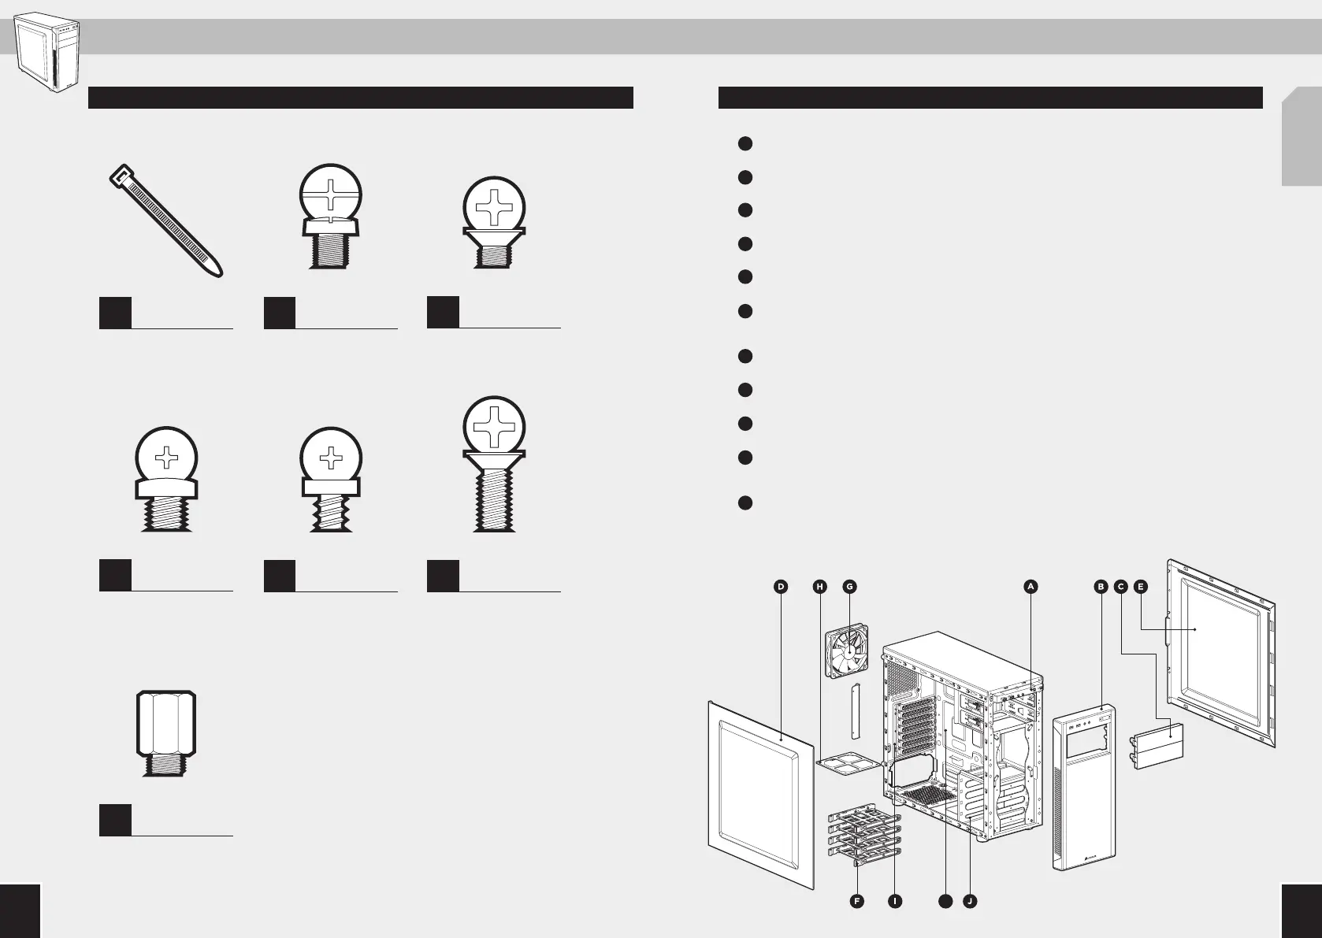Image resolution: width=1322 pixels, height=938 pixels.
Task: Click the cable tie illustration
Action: tap(165, 220)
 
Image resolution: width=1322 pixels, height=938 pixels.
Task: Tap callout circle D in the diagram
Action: tap(780, 587)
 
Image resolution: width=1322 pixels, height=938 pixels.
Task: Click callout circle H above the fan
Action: tap(820, 587)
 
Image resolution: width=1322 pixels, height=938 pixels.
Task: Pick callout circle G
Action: tap(849, 587)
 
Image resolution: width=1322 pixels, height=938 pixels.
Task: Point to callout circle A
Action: tap(1030, 587)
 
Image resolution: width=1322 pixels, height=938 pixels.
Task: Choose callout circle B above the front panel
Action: tap(1101, 587)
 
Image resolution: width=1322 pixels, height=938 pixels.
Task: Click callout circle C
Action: tap(1120, 587)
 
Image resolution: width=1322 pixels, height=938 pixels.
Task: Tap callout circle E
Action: tap(1141, 587)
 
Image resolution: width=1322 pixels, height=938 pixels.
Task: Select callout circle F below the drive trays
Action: tap(856, 901)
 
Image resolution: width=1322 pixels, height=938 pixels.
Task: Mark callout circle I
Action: tap(895, 901)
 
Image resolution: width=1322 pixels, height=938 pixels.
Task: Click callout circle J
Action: tap(970, 901)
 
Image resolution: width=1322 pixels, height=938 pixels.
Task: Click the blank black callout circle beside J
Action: tap(945, 901)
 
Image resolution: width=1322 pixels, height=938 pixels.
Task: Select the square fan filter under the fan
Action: tap(849, 762)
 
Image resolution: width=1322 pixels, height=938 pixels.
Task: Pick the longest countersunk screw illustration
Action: tap(494, 464)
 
